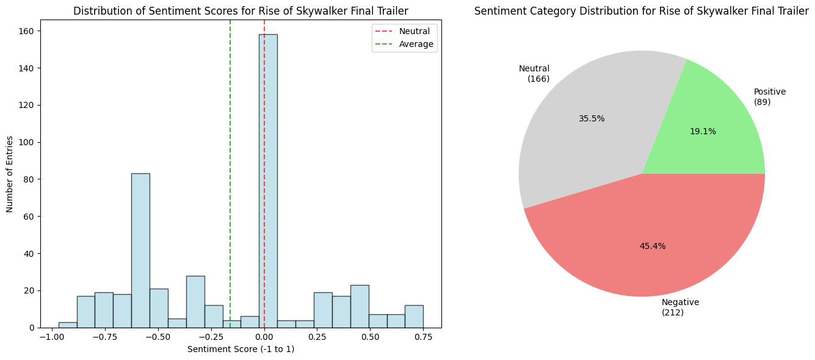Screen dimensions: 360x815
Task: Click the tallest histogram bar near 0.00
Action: (x=268, y=183)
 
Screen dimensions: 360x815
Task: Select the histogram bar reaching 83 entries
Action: (x=140, y=250)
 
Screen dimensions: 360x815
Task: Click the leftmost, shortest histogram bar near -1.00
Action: (x=68, y=325)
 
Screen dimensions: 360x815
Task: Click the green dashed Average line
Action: (x=230, y=153)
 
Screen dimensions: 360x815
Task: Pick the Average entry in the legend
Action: (x=416, y=44)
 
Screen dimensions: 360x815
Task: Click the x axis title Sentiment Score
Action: (x=241, y=349)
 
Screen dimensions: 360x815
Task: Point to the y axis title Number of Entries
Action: (x=10, y=173)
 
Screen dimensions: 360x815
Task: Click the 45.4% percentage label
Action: (x=653, y=246)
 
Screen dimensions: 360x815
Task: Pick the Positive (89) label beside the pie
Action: (x=769, y=96)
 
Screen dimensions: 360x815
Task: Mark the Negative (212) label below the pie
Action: (x=680, y=307)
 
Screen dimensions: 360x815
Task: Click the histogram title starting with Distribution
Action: (x=241, y=11)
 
